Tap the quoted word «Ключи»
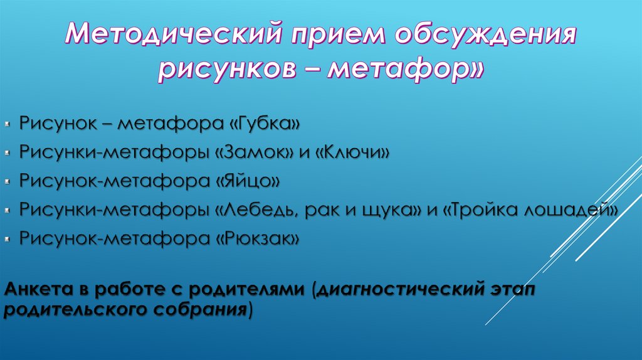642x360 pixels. [x=356, y=152]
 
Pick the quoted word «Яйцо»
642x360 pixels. [x=249, y=181]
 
